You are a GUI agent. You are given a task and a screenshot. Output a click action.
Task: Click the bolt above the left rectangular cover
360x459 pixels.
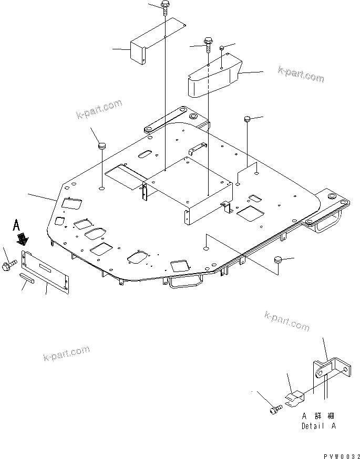tap(165, 7)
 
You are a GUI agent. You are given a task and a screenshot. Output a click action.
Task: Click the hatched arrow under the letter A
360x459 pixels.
tap(23, 240)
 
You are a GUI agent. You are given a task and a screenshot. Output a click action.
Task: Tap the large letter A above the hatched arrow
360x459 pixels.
tap(17, 226)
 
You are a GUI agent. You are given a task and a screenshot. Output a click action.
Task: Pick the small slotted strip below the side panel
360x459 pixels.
tap(27, 277)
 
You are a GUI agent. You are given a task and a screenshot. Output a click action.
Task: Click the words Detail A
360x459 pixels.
tap(318, 426)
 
